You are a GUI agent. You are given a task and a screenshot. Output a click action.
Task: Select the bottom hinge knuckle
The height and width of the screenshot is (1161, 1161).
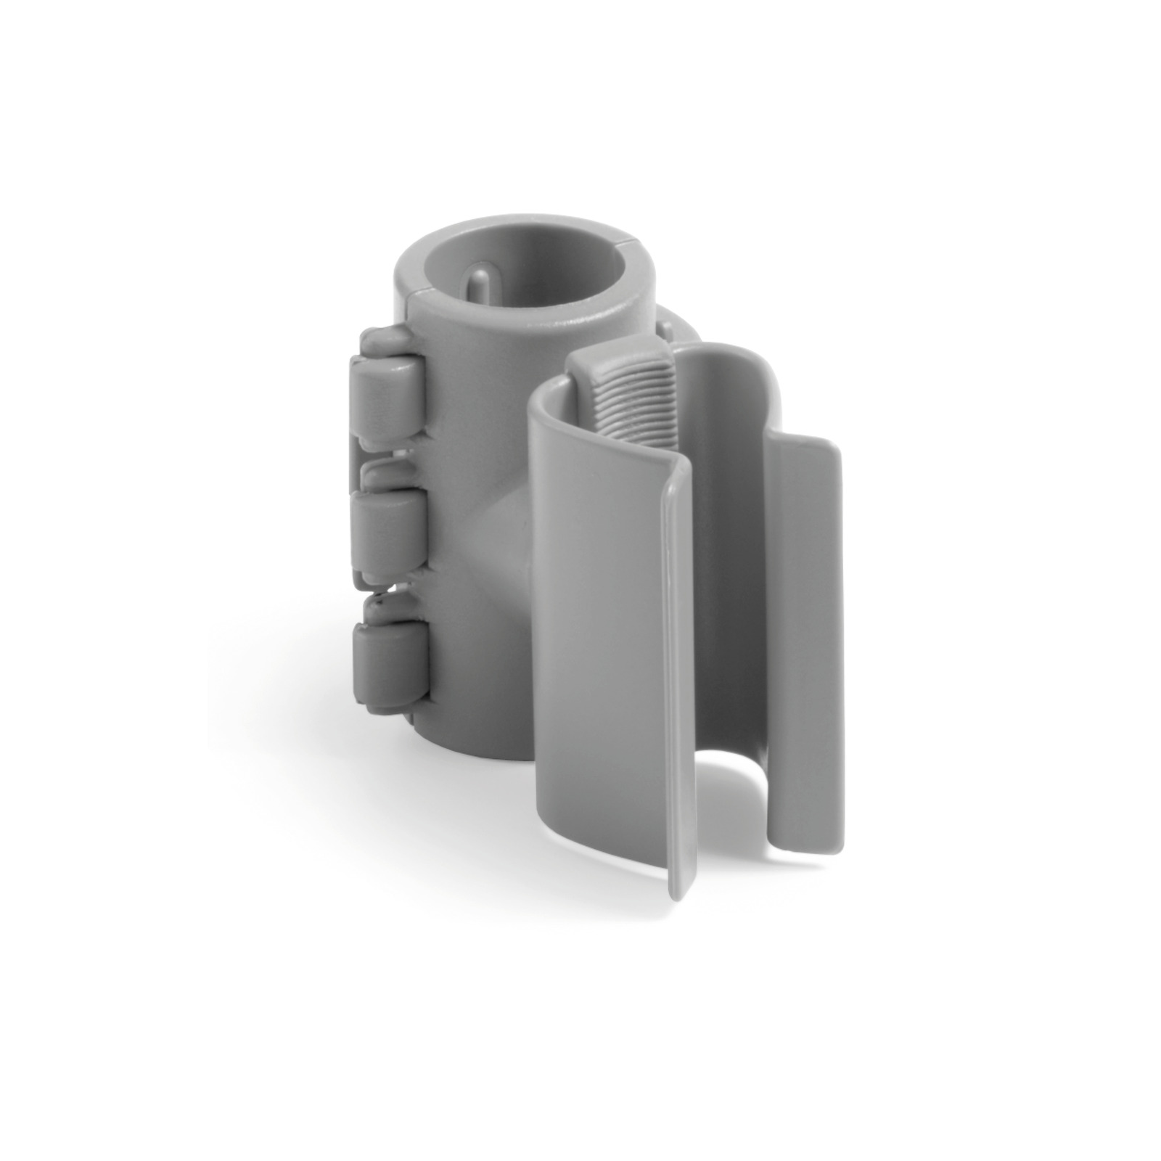(384, 657)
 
